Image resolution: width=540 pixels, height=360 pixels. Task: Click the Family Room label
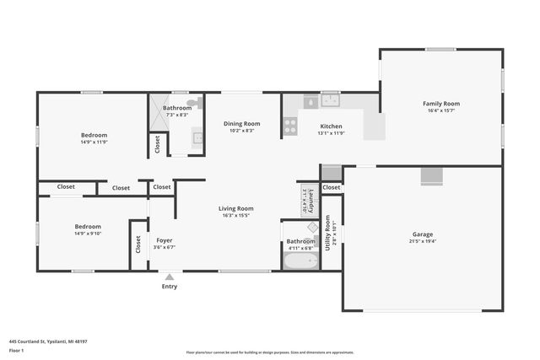pos(441,104)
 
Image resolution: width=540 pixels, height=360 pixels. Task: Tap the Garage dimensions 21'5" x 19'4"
pos(422,241)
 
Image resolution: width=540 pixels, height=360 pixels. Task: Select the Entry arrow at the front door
pos(170,277)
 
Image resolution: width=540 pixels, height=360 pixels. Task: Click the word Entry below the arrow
pos(170,287)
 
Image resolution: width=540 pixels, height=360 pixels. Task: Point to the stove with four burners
pos(289,126)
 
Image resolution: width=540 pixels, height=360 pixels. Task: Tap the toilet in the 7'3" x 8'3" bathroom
pos(193,103)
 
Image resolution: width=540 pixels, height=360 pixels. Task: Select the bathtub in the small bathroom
pos(300,261)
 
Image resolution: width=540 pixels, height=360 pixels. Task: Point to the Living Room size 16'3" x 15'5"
pos(236,216)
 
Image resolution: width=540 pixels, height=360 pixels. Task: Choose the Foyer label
pos(164,240)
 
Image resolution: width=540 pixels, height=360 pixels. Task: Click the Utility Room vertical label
pos(327,233)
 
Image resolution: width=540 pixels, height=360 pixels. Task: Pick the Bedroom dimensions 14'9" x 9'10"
pos(88,234)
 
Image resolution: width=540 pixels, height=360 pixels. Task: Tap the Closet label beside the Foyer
pos(138,244)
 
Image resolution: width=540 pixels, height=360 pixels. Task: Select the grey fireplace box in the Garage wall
pos(432,175)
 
